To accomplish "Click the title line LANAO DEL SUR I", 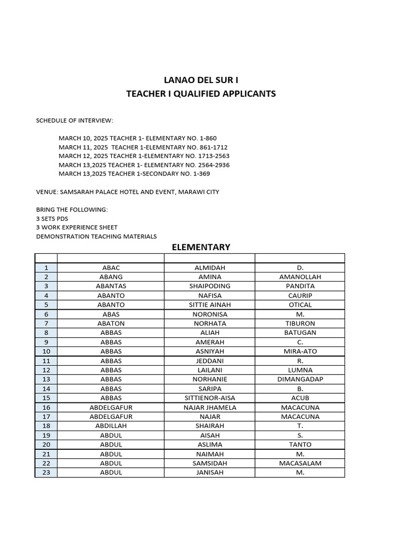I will (x=201, y=80).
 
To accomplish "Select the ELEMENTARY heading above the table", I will (x=200, y=247).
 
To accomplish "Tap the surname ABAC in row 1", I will (x=111, y=268).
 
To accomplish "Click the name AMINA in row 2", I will (x=209, y=277).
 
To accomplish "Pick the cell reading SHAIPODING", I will (x=209, y=286).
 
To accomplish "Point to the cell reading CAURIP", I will (x=300, y=295).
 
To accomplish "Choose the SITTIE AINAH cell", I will (x=209, y=305).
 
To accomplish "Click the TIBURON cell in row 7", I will (x=300, y=324).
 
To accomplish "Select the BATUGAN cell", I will (x=300, y=333).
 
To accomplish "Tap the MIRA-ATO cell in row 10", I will (x=300, y=351).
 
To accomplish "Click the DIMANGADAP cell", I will (x=300, y=379).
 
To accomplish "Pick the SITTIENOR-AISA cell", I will (x=209, y=398).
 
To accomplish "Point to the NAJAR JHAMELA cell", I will (x=209, y=407).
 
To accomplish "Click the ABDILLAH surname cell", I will (x=111, y=426).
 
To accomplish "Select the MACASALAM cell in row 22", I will (x=300, y=463).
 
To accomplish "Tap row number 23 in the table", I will (x=46, y=473).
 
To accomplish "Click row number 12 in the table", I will (x=46, y=370).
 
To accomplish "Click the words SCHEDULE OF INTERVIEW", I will (x=75, y=121).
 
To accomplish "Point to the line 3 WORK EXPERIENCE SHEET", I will (x=77, y=227).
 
